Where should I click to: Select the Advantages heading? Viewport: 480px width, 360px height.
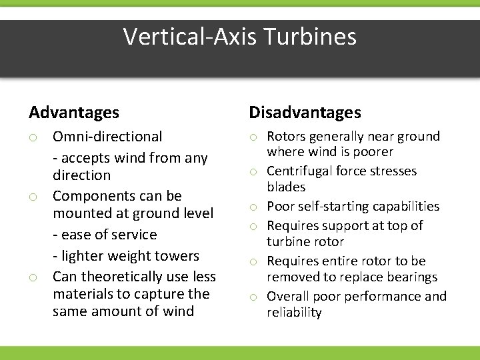74,113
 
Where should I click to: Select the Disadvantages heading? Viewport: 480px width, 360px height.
305,113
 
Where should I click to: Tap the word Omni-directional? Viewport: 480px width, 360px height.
107,137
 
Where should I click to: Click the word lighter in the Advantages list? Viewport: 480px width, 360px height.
83,255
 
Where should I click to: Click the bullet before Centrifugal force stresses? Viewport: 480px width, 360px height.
254,173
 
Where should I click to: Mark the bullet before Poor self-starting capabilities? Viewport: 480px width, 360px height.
254,207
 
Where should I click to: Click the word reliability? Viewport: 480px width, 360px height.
294,313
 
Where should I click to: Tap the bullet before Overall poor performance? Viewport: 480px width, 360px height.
254,297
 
